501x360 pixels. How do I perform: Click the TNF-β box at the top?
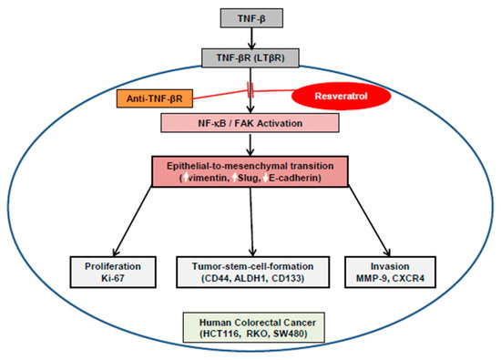[x=251, y=18]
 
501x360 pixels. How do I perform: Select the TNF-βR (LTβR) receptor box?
[x=250, y=57]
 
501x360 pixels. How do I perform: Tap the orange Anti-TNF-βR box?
[x=155, y=98]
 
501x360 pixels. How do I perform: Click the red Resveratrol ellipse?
[x=341, y=96]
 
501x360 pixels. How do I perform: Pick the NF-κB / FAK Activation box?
[x=250, y=123]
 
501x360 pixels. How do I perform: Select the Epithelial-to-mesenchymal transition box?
[x=250, y=171]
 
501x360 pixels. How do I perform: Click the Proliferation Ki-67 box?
[x=113, y=273]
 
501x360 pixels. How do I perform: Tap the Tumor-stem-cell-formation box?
[x=252, y=273]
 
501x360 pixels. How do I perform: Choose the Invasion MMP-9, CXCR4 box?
[x=390, y=273]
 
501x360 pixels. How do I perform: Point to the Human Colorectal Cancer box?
[x=254, y=328]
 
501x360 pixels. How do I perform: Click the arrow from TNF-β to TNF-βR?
[x=251, y=38]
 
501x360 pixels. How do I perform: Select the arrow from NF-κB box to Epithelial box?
[x=250, y=144]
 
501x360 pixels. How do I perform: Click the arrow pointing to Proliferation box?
[x=132, y=221]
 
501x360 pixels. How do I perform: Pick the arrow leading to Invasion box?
[x=369, y=221]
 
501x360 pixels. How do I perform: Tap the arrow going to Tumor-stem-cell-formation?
[x=251, y=221]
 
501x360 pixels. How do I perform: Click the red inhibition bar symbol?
[x=250, y=90]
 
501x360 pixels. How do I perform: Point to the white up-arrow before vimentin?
[x=186, y=178]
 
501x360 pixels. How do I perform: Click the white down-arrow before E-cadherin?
[x=265, y=178]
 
